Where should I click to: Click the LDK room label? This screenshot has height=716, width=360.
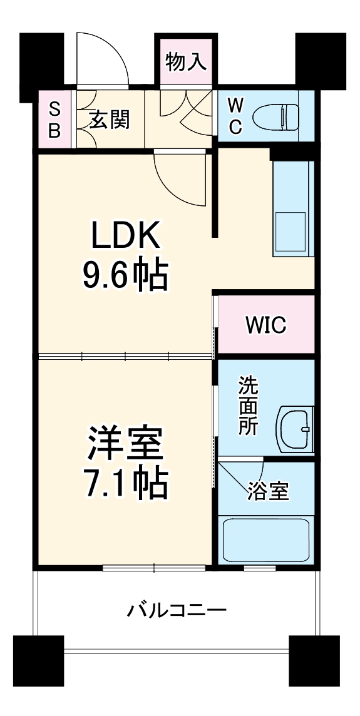[x=125, y=237]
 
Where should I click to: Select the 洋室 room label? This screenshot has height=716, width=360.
[x=125, y=444]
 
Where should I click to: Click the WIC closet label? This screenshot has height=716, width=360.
[x=265, y=325]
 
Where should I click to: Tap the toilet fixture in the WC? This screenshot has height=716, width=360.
[x=275, y=117]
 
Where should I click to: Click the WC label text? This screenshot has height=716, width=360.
[x=234, y=116]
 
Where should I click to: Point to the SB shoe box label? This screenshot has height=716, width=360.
[x=55, y=119]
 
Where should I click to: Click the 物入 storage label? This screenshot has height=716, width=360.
[x=186, y=62]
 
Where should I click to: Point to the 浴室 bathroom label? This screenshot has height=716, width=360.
[x=267, y=492]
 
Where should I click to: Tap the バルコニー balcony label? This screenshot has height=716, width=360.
[x=177, y=609]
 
